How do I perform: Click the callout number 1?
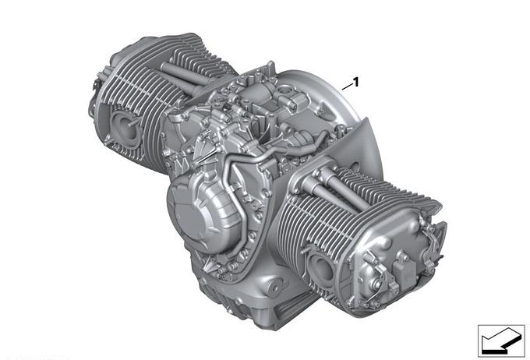pos(355,82)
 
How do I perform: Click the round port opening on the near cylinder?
pos(321,266)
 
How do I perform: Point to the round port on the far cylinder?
pos(124,126)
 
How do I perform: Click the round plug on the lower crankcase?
pos(275,287)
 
